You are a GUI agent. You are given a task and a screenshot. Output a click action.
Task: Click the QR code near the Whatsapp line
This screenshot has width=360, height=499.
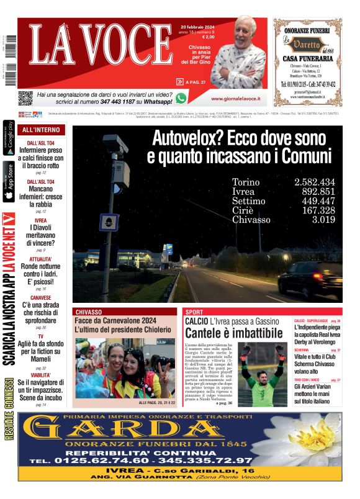pos(25,98)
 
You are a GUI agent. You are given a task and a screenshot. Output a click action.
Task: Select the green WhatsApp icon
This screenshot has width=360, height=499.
pos(181,98)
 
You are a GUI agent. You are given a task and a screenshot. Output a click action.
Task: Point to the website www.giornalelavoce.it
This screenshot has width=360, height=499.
pos(235,99)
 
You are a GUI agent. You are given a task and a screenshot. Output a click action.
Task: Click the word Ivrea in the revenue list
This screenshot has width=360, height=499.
pos(243,192)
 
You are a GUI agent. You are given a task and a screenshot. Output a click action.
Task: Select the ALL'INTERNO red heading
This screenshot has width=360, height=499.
pos(41,130)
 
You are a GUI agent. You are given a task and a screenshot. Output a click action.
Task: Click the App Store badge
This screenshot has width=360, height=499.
pos(9,182)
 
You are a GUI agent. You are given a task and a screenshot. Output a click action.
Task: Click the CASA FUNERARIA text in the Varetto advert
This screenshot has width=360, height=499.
pos(307,58)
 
